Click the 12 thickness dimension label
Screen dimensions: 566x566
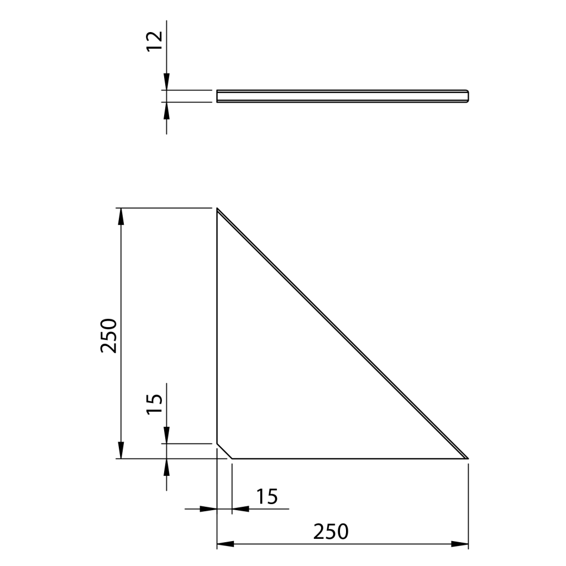pos(155,41)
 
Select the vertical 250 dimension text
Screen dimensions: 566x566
pos(109,335)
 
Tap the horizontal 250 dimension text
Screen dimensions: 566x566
pos(331,531)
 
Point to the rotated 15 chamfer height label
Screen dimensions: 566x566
pos(155,403)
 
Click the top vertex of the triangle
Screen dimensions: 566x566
pos(217,209)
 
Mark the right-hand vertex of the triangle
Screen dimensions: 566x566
pos(468,458)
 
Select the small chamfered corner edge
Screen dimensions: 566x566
pos(224,451)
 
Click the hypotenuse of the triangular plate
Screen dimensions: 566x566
pos(343,334)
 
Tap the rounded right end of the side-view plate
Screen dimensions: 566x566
pos(468,96)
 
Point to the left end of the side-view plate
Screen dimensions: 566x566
pos(217,96)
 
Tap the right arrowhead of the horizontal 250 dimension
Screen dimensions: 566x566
pos(460,544)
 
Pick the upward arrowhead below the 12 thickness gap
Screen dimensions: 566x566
pos(166,109)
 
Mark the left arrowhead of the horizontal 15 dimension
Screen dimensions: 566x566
pos(209,509)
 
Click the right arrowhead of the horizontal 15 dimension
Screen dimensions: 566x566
pos(240,509)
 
